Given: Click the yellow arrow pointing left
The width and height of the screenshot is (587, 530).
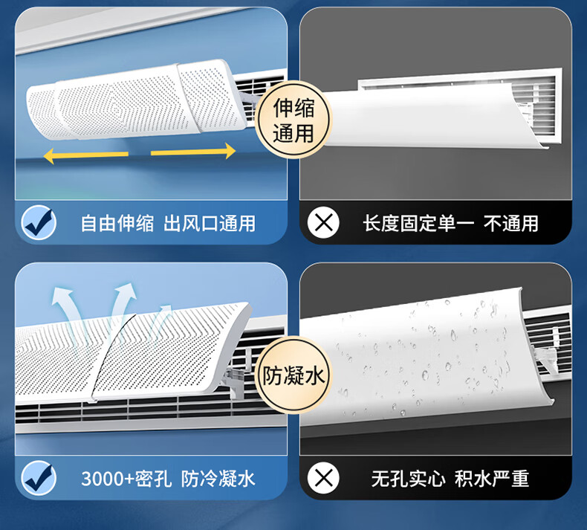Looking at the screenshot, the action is tap(85, 155).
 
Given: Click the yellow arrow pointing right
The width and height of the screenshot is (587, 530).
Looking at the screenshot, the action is tap(193, 152).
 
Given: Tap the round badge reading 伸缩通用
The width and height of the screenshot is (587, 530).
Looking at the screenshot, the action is tap(293, 120).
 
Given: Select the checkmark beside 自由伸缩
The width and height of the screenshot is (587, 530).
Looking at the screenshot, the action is tap(39, 222).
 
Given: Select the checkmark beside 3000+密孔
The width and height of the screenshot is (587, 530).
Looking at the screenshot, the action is tap(39, 478).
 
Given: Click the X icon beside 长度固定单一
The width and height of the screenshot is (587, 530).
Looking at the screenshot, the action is tap(323, 222).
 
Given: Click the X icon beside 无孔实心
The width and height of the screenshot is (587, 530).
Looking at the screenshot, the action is tap(323, 478).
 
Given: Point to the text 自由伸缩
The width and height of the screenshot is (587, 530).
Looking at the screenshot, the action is tap(117, 223).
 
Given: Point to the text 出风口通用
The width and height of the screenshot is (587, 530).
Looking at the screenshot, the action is tap(210, 223).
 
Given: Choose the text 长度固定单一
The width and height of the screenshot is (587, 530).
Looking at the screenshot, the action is tap(418, 223).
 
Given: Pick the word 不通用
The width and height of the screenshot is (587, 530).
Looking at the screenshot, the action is tap(511, 223).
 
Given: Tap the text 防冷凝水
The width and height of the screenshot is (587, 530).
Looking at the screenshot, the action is tap(218, 479).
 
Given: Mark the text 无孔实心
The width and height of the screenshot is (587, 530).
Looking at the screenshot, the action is tap(409, 479).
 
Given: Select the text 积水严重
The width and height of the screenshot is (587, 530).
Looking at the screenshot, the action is tap(492, 479).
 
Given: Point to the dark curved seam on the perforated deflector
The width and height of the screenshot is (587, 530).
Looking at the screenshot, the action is tap(109, 356).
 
